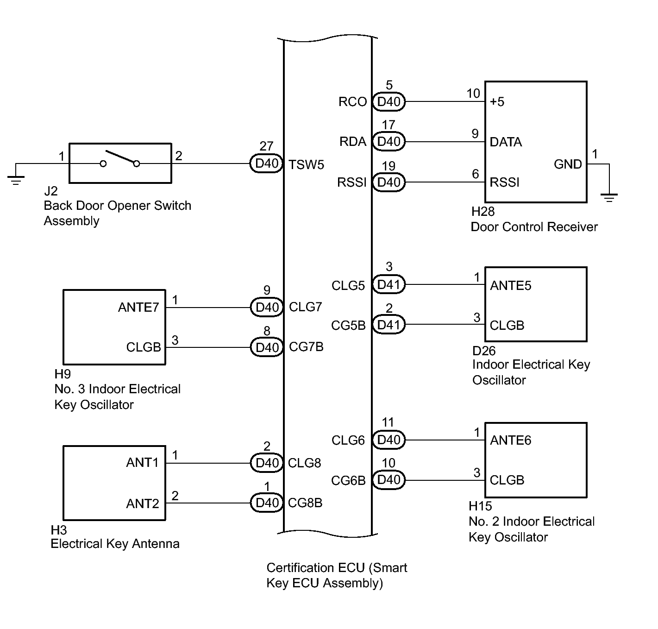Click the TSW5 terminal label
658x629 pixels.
[306, 165]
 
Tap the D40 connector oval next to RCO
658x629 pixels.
[389, 101]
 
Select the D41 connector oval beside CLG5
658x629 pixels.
[389, 284]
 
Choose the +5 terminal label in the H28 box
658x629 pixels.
[497, 101]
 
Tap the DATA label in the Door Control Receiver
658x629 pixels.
[506, 142]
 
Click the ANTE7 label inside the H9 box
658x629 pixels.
[138, 307]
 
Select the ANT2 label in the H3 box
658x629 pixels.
[142, 503]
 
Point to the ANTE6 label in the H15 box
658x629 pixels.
[511, 440]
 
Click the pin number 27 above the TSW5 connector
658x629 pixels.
[266, 146]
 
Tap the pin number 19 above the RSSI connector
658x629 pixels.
[389, 166]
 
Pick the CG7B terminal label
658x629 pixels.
[306, 346]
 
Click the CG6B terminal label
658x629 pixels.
[348, 480]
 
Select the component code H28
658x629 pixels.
[483, 211]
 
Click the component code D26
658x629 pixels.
[484, 351]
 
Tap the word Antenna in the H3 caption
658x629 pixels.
[156, 543]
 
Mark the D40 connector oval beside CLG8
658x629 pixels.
[267, 463]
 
